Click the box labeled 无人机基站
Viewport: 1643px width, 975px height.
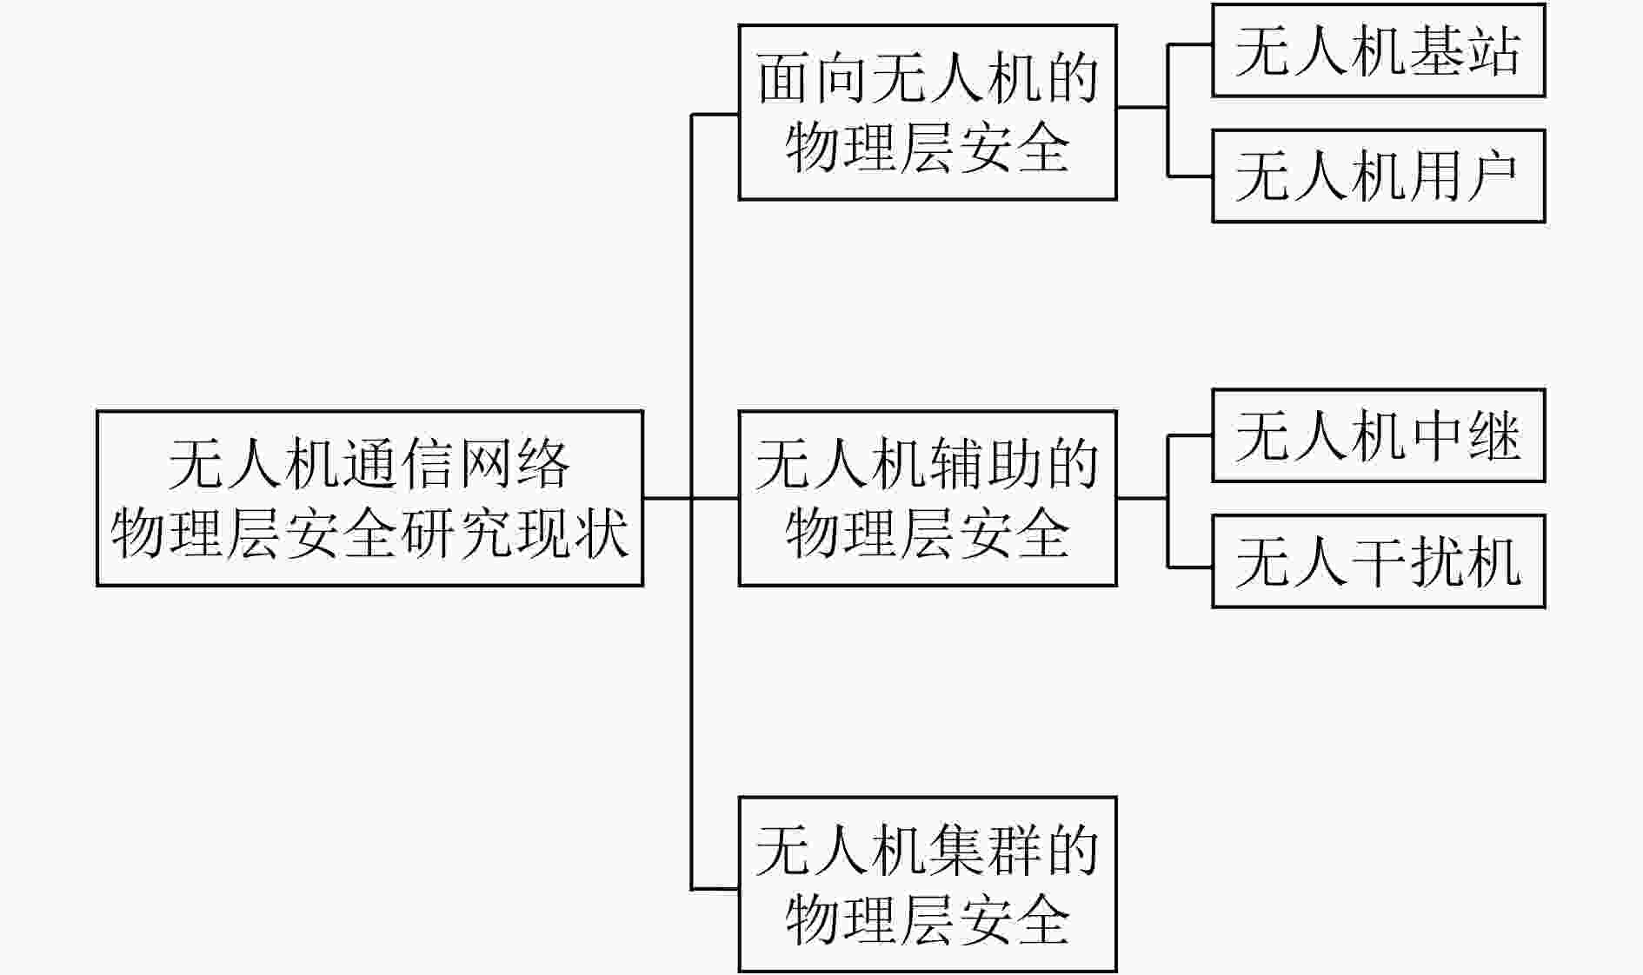point(1378,50)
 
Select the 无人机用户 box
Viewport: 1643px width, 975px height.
point(1378,176)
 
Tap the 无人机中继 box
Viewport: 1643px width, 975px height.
point(1378,435)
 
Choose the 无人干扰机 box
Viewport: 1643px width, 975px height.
point(1378,561)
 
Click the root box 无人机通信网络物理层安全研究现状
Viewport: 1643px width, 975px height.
point(369,498)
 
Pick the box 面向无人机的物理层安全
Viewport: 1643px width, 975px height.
point(928,113)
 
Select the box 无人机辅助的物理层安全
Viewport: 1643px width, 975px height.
point(928,498)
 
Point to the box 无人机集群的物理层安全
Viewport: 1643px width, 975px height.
point(928,885)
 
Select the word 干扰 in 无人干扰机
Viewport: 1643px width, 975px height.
point(1407,561)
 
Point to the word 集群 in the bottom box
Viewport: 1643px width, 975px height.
point(985,850)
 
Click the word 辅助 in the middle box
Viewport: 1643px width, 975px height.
point(985,464)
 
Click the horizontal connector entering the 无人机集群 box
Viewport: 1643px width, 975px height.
point(715,889)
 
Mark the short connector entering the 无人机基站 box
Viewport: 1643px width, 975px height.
point(1189,44)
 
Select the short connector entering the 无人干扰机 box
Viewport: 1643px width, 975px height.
point(1189,567)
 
